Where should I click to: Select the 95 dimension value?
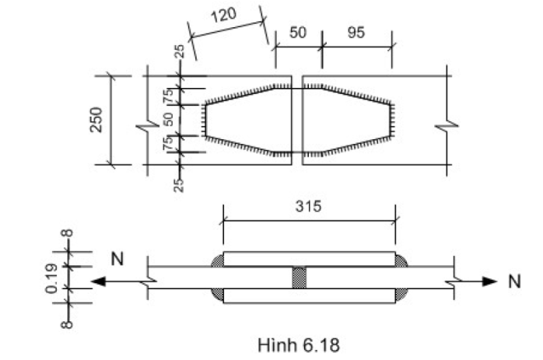(x=356, y=34)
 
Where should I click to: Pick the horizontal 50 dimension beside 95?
(x=297, y=34)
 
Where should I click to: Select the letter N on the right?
(x=513, y=281)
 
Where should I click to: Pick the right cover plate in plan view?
(x=349, y=121)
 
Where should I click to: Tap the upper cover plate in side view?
(x=309, y=259)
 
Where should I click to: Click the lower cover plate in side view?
(x=309, y=295)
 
